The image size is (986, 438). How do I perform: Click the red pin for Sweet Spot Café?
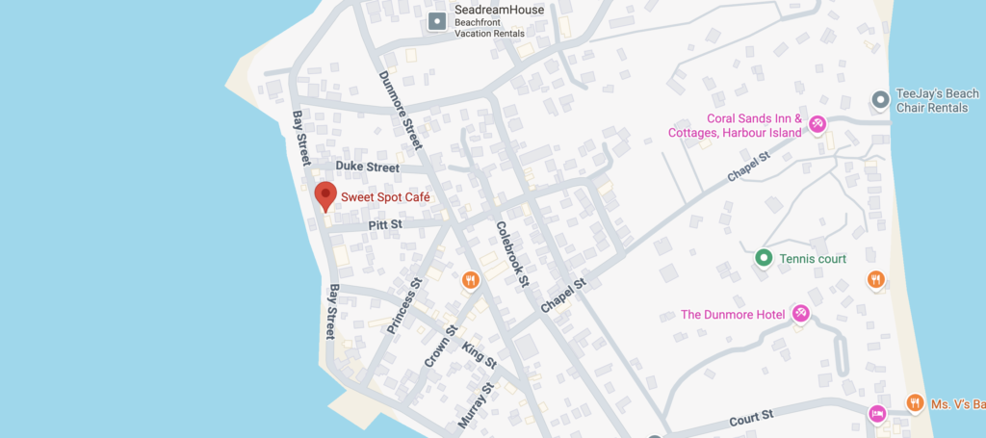tap(325, 194)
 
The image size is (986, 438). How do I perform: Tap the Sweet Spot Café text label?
tap(385, 197)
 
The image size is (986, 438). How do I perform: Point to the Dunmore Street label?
tap(401, 110)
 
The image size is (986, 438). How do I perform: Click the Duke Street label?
tap(367, 167)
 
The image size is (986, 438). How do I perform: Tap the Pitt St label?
tap(385, 225)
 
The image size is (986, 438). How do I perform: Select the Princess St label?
tap(404, 307)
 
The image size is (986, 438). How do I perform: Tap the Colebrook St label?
tap(512, 255)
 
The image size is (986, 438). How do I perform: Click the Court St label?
tap(752, 417)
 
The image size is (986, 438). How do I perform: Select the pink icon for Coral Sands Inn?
tap(817, 123)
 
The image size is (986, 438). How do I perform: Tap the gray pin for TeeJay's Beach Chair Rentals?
tap(879, 99)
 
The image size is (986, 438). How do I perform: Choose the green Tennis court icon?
tap(764, 258)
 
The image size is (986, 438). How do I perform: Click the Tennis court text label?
tap(813, 259)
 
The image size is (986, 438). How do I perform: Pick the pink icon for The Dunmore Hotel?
tap(800, 314)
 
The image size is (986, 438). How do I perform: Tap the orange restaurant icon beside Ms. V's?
tap(915, 403)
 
